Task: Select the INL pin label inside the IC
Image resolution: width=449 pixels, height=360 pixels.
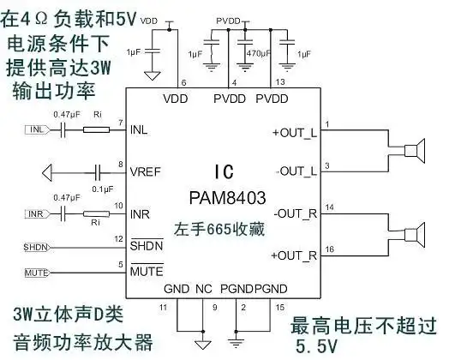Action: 140,131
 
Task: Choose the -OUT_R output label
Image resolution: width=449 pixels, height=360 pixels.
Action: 295,213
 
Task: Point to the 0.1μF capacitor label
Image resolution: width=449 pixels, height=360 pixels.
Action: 103,188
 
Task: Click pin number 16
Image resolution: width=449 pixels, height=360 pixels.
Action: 329,248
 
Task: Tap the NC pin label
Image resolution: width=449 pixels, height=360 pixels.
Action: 204,290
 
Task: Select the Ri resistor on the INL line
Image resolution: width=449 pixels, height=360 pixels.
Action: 96,130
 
